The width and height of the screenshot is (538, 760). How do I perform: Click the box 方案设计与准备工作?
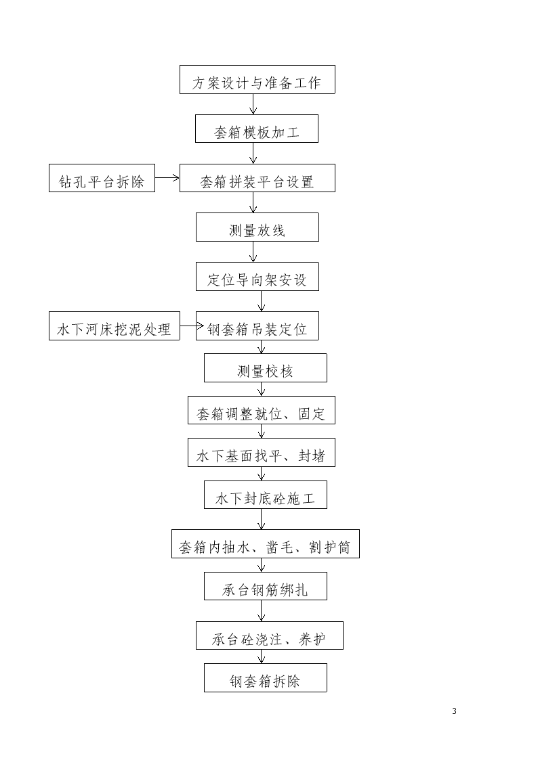coord(257,79)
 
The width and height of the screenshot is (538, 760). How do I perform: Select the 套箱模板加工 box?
coord(257,129)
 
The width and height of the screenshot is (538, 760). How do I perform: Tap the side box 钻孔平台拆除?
coord(102,178)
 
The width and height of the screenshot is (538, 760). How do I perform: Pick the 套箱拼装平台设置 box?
coord(257,178)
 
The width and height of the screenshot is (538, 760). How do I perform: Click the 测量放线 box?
coord(257,227)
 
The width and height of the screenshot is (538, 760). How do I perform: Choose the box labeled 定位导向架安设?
coord(257,276)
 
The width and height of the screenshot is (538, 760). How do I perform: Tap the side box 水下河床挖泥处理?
coord(115,326)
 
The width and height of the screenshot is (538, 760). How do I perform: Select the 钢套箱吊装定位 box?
coord(257,326)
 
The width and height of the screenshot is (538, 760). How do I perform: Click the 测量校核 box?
coord(266,368)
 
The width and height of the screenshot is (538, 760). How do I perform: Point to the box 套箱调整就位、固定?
coord(262,410)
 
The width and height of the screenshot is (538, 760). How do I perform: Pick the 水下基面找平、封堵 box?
coord(262,452)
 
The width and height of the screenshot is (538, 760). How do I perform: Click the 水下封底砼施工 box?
coord(266,495)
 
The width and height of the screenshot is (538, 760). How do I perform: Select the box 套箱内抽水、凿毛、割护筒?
coord(266,544)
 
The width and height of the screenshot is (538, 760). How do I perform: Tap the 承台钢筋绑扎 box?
coord(266,586)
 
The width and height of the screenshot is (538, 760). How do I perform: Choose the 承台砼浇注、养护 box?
coord(269,635)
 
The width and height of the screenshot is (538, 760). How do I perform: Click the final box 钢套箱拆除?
coord(266,677)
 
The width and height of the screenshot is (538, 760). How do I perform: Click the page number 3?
coord(454,711)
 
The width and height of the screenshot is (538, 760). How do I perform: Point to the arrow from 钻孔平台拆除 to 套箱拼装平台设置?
coord(167,178)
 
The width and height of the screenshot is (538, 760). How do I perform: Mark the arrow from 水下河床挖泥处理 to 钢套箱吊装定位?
coord(192,326)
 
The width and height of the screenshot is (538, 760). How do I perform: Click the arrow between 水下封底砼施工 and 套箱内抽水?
coord(262,519)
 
